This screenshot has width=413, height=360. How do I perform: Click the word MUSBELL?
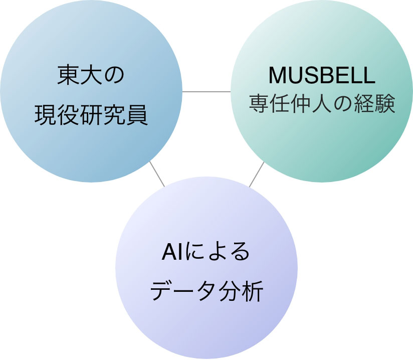click(322, 75)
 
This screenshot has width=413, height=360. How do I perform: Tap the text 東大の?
click(91, 75)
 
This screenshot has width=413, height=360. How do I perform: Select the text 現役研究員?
click(91, 115)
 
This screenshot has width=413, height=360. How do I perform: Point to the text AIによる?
click(205, 251)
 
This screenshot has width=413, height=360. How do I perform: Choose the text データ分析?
click(207, 291)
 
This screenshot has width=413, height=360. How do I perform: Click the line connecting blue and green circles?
click(207, 92)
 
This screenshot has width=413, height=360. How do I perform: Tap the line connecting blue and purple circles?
click(157, 174)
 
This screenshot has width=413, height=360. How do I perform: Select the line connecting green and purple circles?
click(257, 174)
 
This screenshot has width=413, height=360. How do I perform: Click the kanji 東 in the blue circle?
click(68, 75)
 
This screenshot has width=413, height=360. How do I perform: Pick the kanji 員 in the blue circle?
click(137, 115)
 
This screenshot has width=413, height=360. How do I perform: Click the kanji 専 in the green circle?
click(259, 103)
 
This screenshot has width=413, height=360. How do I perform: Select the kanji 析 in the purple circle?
click(253, 291)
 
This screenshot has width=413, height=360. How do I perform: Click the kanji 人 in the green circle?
click(322, 103)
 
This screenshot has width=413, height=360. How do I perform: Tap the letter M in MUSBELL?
click(277, 75)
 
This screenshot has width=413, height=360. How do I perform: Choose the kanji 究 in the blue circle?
click(114, 115)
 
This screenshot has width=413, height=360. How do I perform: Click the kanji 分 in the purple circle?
click(230, 291)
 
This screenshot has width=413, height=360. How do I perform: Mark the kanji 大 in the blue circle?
click(91, 75)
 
